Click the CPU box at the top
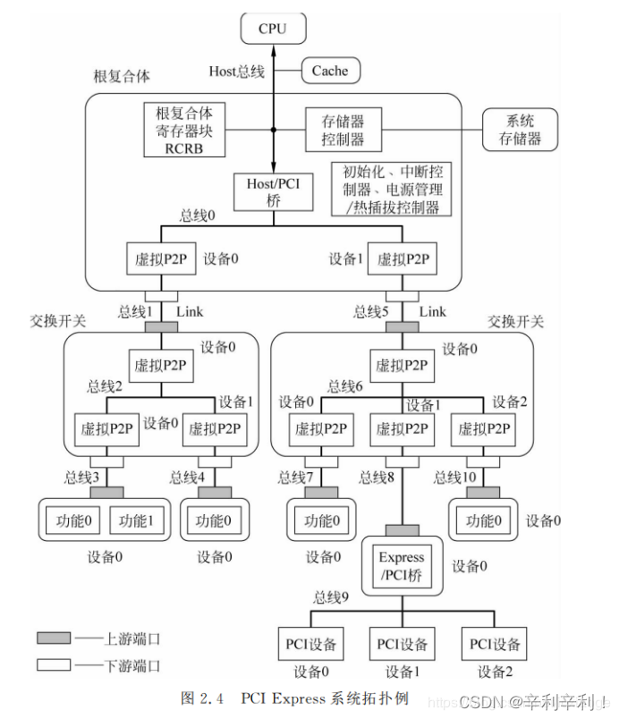(273, 29)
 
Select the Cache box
(329, 72)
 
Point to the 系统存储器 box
(520, 130)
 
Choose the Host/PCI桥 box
(274, 191)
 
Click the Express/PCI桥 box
(401, 565)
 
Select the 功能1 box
(137, 520)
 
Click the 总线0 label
(199, 216)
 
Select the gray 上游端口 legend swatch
(54, 638)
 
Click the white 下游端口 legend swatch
(54, 664)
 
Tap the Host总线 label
(236, 72)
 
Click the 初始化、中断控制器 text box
(389, 189)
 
